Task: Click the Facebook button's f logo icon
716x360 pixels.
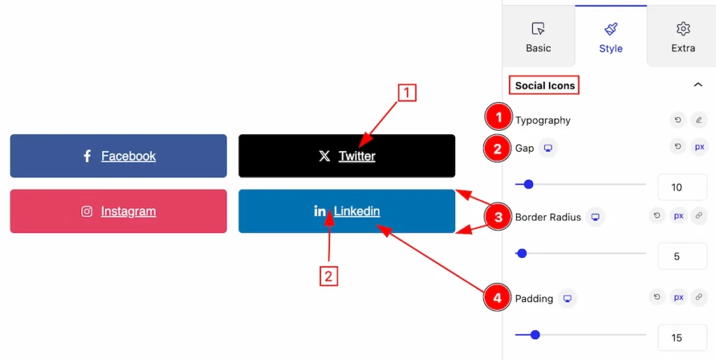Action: (x=87, y=156)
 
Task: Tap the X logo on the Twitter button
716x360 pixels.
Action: (x=324, y=156)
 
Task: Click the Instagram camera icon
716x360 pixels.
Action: (x=87, y=211)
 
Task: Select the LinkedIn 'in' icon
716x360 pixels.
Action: (x=320, y=211)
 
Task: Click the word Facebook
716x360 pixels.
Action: (x=129, y=156)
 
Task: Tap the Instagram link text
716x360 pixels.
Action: (x=129, y=211)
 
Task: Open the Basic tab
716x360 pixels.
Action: (x=538, y=37)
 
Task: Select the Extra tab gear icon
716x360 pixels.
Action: (x=683, y=29)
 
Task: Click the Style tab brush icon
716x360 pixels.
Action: (x=611, y=29)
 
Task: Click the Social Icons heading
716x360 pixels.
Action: (x=545, y=85)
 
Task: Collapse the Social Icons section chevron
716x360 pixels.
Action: (x=698, y=85)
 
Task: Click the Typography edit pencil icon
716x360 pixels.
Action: (x=699, y=120)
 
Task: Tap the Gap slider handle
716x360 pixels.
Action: (x=529, y=185)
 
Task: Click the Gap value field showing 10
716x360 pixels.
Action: (x=682, y=187)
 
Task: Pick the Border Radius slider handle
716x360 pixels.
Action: (x=522, y=253)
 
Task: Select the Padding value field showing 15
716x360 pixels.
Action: (x=682, y=338)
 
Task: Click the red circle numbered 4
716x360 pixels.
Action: (x=497, y=298)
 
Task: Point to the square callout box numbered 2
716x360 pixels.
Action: (x=329, y=277)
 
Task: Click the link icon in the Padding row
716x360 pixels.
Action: (x=699, y=297)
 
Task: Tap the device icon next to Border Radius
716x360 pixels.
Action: (x=596, y=217)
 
